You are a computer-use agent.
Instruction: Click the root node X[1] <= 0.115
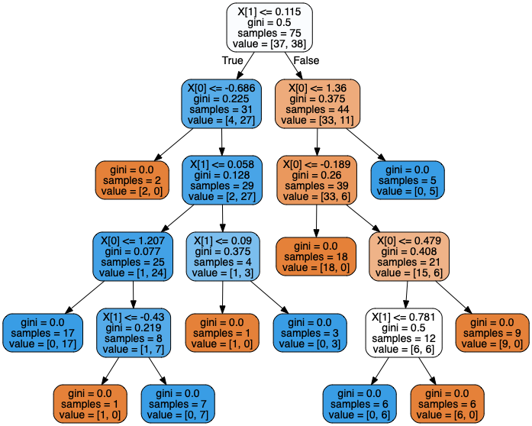(x=269, y=27)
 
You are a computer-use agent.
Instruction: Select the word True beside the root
(x=232, y=60)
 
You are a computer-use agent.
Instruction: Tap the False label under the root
(x=306, y=60)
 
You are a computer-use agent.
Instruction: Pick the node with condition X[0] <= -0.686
(x=221, y=104)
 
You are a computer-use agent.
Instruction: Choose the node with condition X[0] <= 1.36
(x=318, y=104)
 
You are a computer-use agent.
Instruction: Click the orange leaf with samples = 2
(x=132, y=180)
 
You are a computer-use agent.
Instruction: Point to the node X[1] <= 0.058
(x=222, y=180)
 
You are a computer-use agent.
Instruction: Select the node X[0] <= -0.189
(x=317, y=180)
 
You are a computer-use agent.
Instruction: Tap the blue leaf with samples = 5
(x=408, y=180)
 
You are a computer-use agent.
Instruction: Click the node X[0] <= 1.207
(x=133, y=257)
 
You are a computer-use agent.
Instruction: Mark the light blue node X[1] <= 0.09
(x=223, y=257)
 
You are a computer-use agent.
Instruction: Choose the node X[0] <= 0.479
(x=409, y=257)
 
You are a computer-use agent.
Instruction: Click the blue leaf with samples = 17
(x=43, y=333)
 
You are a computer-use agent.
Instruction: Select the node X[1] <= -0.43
(x=134, y=333)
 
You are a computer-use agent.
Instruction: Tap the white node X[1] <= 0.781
(x=404, y=333)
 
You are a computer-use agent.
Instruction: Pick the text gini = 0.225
(x=221, y=98)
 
